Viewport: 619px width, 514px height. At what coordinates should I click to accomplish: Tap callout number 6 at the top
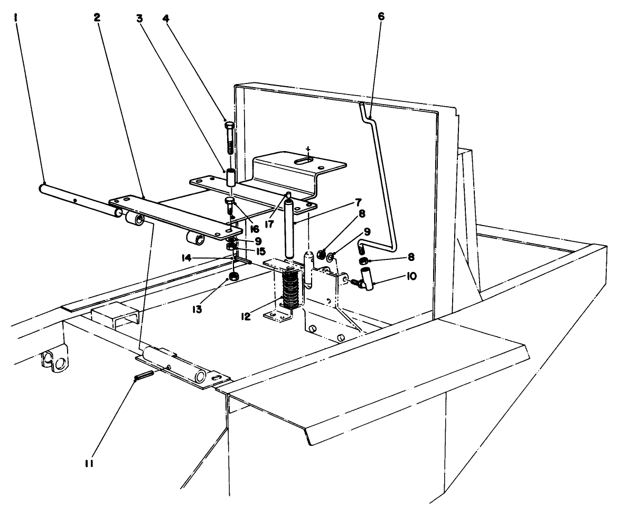point(381,16)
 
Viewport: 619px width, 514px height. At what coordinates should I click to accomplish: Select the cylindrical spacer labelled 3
point(231,178)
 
